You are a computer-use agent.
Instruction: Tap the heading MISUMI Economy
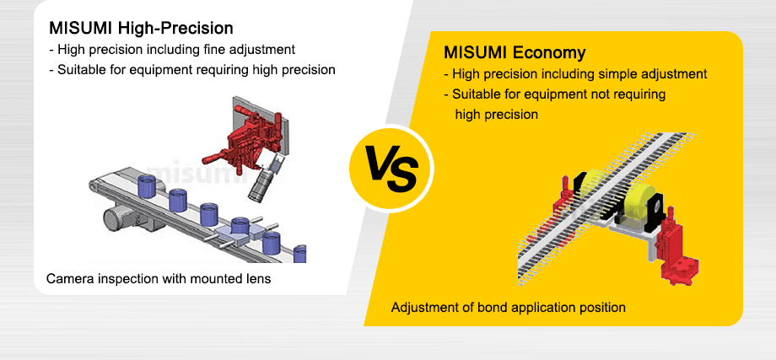point(514,53)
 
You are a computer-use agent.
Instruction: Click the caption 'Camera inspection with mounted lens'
point(159,278)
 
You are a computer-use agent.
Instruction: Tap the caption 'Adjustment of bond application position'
point(508,307)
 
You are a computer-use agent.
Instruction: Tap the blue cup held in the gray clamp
point(240,227)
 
